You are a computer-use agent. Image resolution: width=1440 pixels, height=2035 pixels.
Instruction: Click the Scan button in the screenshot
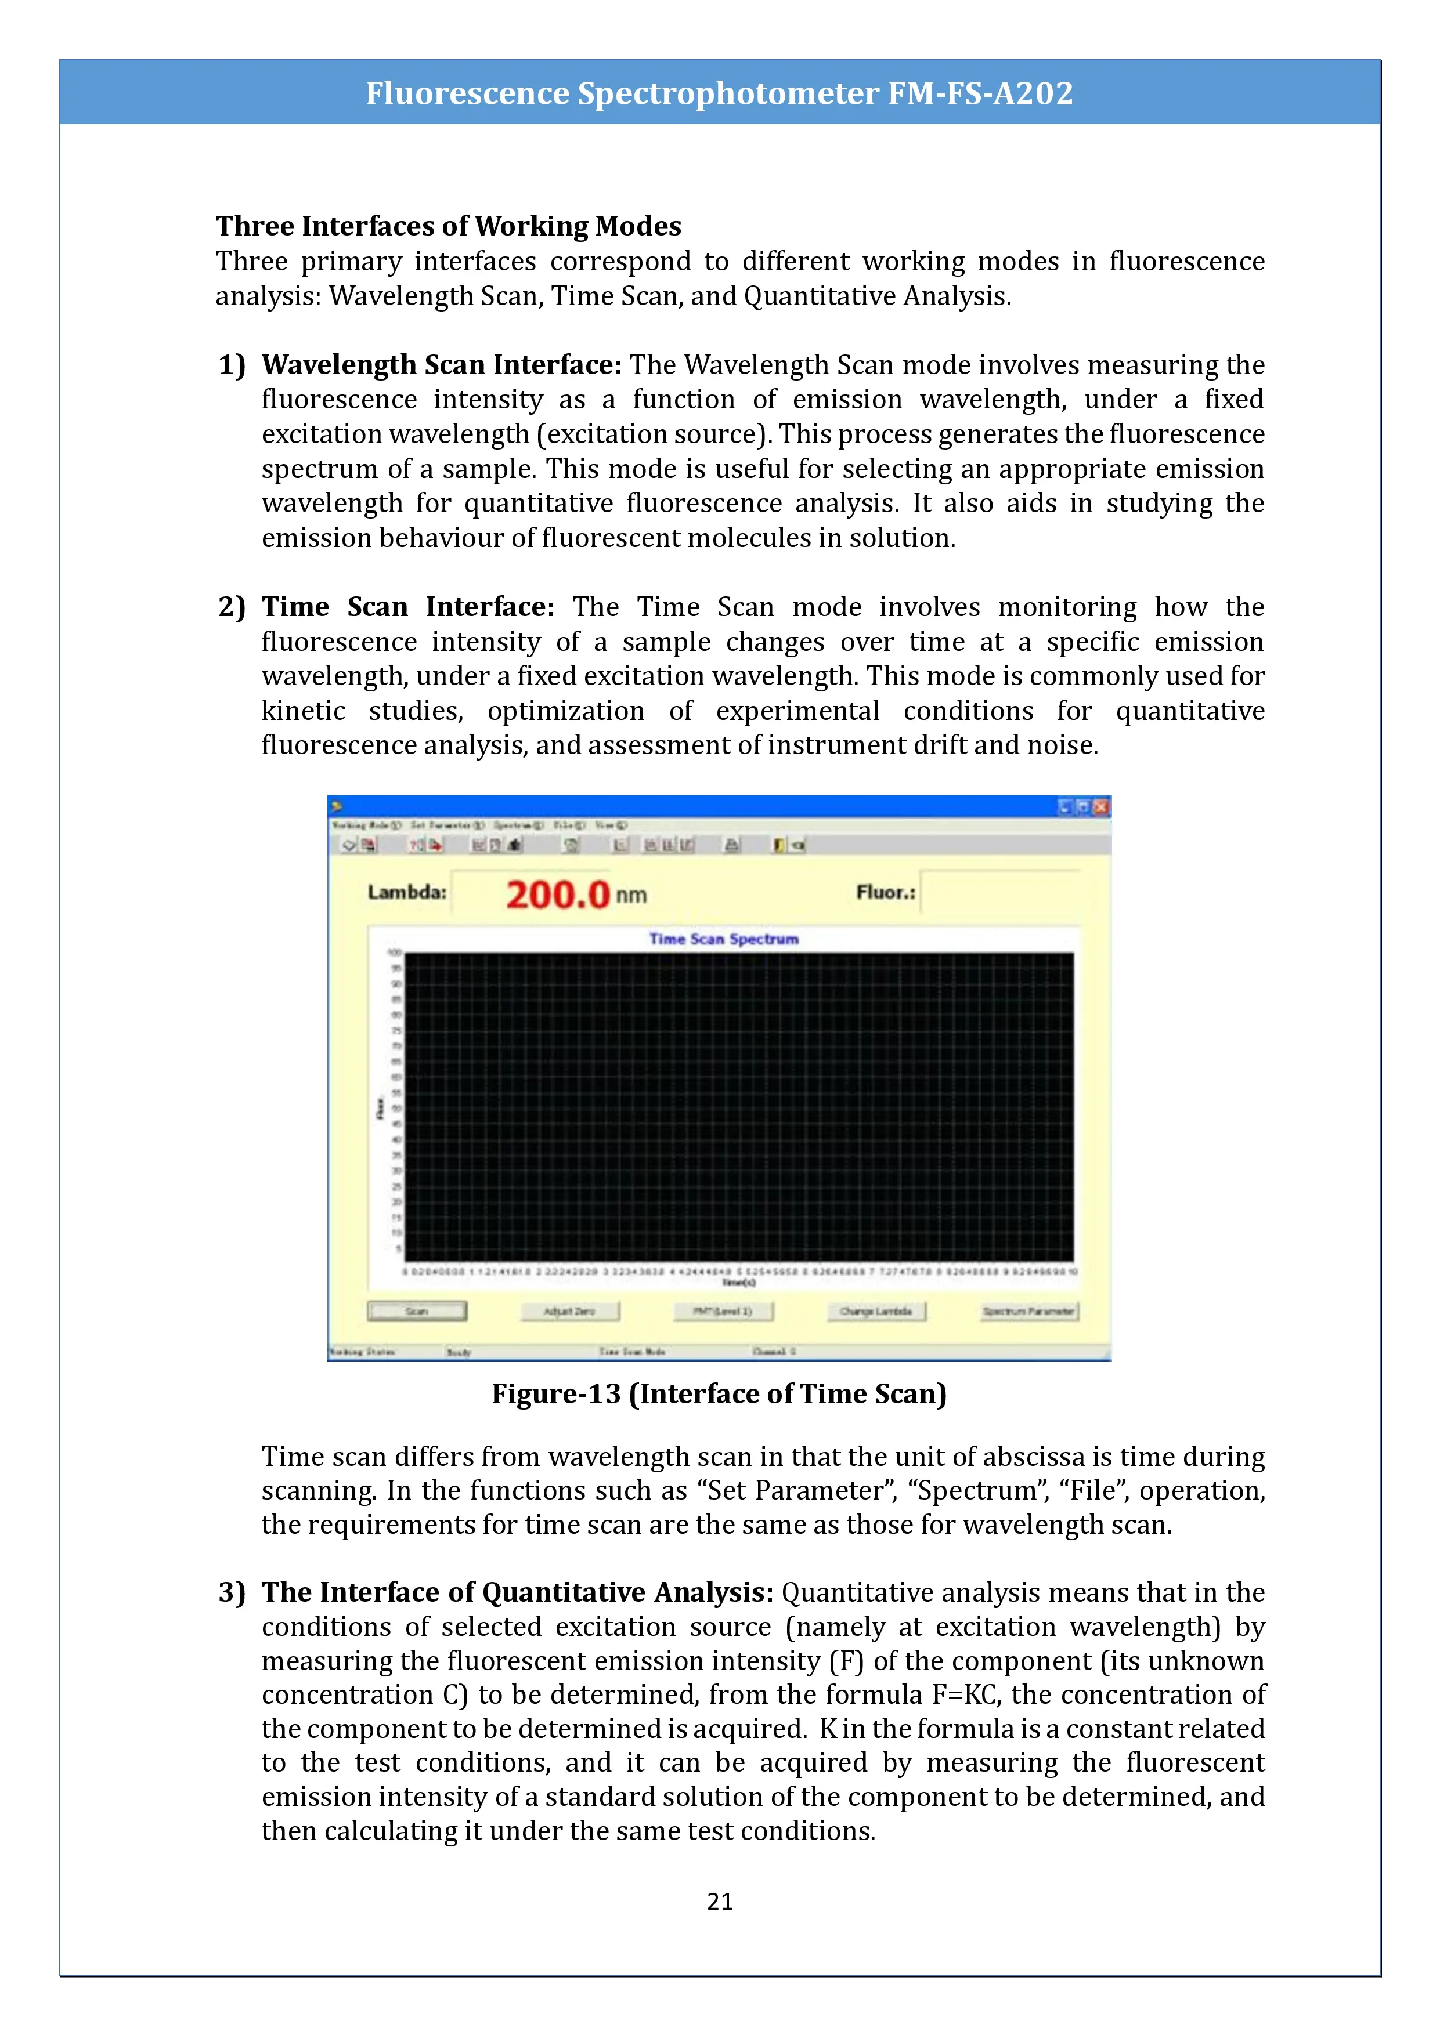417,1311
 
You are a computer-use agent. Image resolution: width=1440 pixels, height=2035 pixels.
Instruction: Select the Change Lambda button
876,1311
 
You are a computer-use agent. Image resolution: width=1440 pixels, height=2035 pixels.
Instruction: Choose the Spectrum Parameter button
1028,1311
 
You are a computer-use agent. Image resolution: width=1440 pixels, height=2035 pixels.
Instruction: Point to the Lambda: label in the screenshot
407,893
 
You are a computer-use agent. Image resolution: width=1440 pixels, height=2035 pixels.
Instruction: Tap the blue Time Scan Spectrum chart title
724,939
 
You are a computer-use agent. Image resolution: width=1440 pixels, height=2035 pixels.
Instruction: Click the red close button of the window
1100,806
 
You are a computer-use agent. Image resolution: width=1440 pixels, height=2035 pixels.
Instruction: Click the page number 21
720,1901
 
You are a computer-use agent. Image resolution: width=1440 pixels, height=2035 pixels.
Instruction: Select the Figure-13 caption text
719,1394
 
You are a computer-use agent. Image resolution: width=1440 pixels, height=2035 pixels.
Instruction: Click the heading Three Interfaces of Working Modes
449,226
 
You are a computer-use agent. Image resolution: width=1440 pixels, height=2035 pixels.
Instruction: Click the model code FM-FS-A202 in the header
981,93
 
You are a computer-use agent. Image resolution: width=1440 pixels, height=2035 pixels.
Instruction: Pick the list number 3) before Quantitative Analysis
232,1593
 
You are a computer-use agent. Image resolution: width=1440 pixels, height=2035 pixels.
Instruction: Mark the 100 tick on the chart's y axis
395,953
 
